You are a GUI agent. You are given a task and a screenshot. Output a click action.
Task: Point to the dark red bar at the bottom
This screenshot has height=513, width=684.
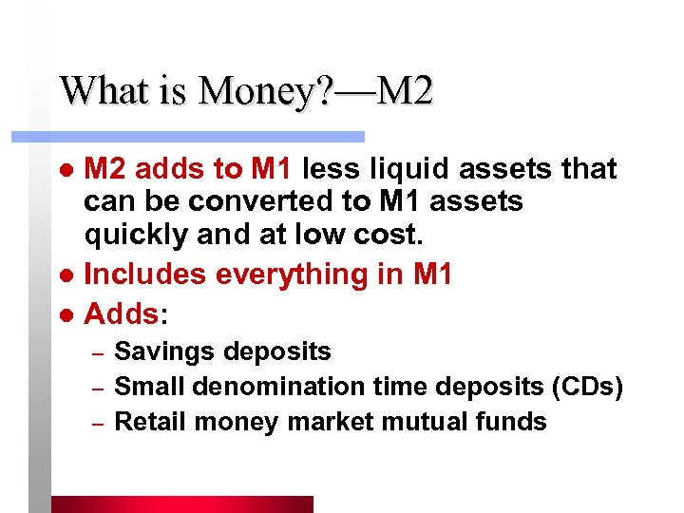181,503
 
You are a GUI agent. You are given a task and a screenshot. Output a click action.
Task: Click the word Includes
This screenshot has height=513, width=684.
145,274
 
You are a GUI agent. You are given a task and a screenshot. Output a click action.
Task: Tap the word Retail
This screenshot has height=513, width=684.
144,422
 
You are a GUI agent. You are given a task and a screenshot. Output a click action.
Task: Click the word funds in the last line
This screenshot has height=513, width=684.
514,422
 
